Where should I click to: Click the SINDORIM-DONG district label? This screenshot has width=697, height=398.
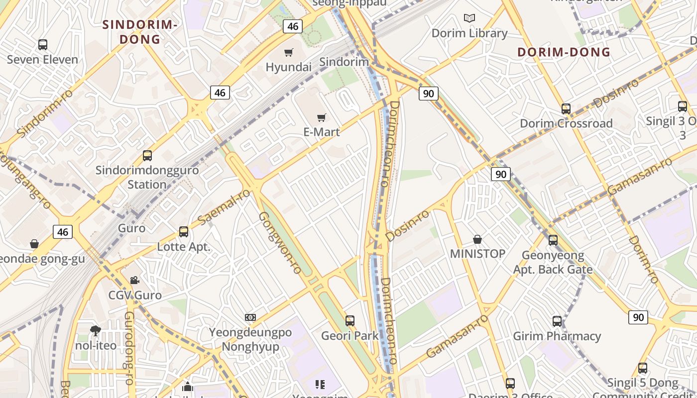click(140, 31)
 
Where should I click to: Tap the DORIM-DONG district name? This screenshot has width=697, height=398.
click(564, 52)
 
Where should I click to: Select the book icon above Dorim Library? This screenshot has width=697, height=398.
click(469, 18)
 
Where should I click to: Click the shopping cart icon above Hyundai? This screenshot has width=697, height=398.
click(288, 52)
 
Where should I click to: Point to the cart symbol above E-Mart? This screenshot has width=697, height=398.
click(322, 118)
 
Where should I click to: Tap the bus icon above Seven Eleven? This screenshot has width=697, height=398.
click(43, 45)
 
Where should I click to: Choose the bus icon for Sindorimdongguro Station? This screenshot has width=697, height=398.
click(147, 155)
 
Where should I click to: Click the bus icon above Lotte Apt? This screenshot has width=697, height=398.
click(184, 232)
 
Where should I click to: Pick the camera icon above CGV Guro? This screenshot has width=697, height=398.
click(134, 281)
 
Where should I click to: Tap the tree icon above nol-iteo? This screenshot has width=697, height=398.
click(96, 330)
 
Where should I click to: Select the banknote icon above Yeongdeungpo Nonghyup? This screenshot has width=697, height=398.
click(250, 317)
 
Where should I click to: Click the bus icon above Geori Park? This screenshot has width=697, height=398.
click(350, 321)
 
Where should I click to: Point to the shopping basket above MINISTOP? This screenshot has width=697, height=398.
click(477, 239)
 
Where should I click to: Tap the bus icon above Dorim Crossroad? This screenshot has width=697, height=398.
click(566, 109)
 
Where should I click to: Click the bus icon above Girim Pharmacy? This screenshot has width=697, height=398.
click(557, 321)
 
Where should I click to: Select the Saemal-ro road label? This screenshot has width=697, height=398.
click(224, 206)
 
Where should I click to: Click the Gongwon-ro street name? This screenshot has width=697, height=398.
click(280, 242)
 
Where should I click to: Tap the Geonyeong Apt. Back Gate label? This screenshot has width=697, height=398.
click(553, 262)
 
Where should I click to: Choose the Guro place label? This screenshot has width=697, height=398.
click(131, 228)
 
